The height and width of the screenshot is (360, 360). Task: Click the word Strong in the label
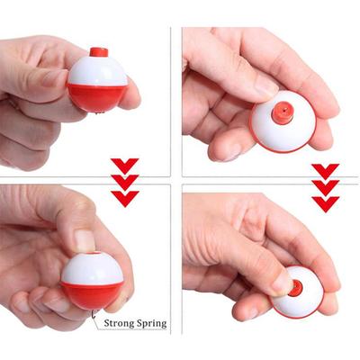coord(122,321)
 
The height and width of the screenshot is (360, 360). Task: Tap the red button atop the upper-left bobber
coord(98,52)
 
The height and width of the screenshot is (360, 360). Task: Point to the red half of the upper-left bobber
coord(95,96)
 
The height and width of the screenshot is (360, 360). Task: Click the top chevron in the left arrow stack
coord(124,165)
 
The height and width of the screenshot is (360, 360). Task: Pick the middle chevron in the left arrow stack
coord(124,181)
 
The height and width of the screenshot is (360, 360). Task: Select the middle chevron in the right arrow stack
coord(326,187)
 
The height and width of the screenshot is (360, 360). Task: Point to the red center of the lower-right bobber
coord(294,288)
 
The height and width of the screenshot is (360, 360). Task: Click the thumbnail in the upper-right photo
coord(266,85)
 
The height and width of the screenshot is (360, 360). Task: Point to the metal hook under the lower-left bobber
coord(96,313)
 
